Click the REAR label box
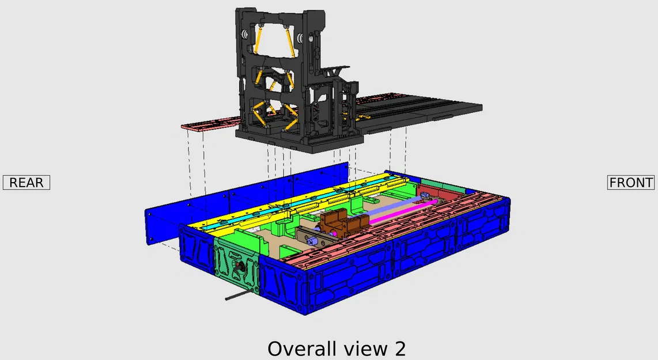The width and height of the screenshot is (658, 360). pyautogui.click(x=27, y=183)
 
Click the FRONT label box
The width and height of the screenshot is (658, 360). pyautogui.click(x=631, y=183)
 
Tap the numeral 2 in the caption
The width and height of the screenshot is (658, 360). pyautogui.click(x=400, y=349)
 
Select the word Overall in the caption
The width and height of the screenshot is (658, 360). pyautogui.click(x=302, y=349)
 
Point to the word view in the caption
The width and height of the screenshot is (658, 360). pyautogui.click(x=366, y=349)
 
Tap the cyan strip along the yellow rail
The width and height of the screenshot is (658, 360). pyautogui.click(x=294, y=202)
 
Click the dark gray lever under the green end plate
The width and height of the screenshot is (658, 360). pyautogui.click(x=239, y=294)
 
